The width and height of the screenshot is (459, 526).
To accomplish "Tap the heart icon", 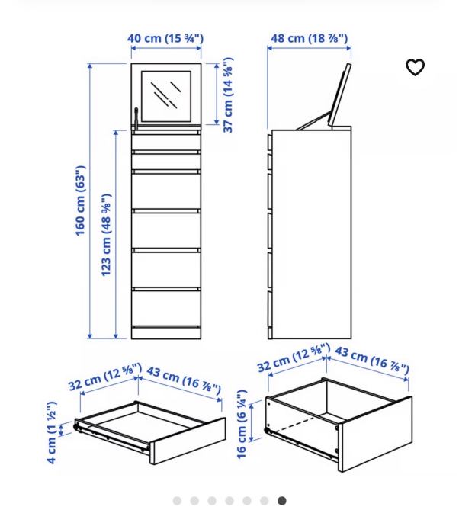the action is click(x=415, y=68).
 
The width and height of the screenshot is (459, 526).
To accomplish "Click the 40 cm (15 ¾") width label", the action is click(x=165, y=38).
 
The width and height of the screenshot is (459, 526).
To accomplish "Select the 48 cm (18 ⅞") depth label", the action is click(x=309, y=38).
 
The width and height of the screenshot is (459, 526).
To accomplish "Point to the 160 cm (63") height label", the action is click(x=81, y=201).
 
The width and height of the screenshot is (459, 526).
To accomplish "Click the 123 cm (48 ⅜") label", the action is click(x=107, y=234).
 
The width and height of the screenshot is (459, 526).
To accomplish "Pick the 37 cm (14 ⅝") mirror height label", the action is click(x=228, y=95).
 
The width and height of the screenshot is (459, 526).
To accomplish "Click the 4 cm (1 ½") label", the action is click(x=52, y=433).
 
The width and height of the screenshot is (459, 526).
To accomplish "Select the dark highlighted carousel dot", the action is click(x=282, y=501).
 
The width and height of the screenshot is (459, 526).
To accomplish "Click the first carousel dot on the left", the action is click(x=177, y=501).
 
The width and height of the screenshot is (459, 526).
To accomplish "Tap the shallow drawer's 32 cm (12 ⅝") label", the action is click(x=104, y=377).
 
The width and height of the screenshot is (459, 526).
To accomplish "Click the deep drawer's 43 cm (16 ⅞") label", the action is click(x=372, y=359).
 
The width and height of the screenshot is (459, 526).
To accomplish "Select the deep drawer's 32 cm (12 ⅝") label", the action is click(x=294, y=358).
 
